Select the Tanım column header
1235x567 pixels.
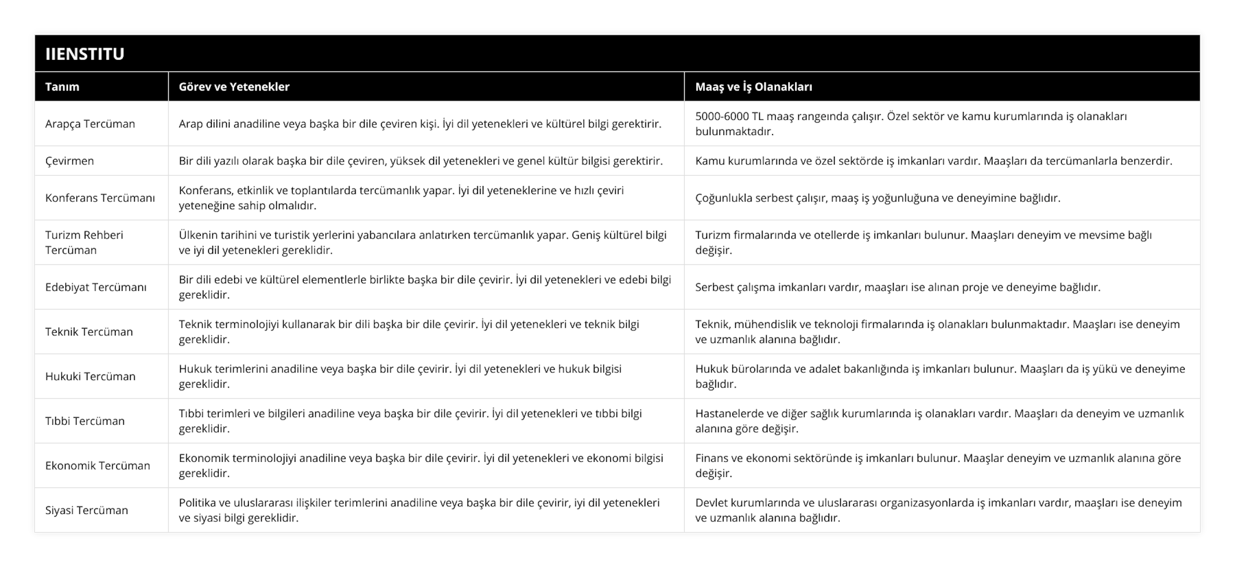(x=62, y=87)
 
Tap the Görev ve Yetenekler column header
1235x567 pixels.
(x=234, y=87)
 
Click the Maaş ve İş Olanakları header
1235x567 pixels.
(x=754, y=87)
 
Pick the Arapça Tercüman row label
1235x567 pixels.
(x=90, y=124)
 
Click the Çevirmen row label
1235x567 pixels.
(x=70, y=161)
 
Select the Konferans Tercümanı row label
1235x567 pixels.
(x=100, y=198)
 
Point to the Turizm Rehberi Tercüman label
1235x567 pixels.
(x=84, y=242)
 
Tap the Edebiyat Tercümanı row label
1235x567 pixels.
(x=96, y=287)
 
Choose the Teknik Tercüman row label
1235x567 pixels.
(x=89, y=331)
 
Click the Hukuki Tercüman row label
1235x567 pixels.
(x=90, y=376)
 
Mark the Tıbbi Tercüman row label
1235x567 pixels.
(x=85, y=421)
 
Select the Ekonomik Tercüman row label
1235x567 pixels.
(x=97, y=465)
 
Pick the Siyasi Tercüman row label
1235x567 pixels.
(x=86, y=510)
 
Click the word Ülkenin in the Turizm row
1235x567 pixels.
(x=198, y=235)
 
